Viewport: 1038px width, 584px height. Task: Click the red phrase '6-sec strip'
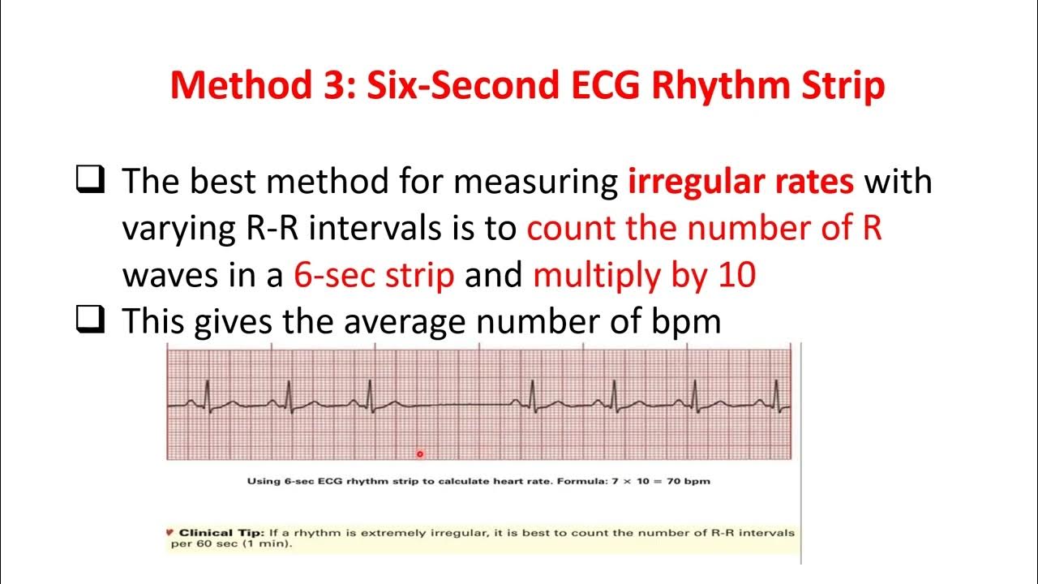click(373, 276)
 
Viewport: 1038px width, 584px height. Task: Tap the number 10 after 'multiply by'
click(736, 276)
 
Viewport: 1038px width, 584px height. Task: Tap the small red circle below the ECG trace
click(420, 454)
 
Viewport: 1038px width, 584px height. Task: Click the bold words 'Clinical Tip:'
click(221, 533)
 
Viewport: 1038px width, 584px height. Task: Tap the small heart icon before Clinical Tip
click(169, 533)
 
